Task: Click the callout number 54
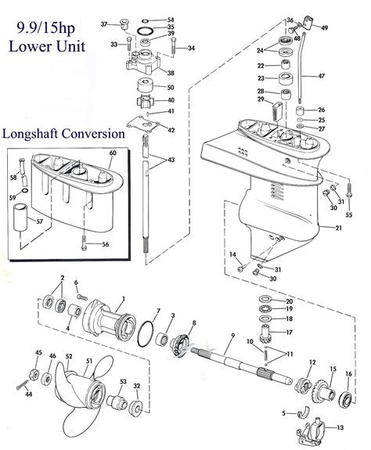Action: pos(171,20)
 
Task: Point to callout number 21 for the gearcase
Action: pos(339,228)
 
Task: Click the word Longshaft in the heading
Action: pos(31,134)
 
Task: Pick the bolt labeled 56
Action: pos(84,243)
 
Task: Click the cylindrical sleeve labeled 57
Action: pos(20,218)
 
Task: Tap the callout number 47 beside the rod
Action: pos(322,76)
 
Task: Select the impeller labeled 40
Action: pos(145,101)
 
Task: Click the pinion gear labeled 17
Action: pos(266,335)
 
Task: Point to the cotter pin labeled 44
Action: pos(23,384)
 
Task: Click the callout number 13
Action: pos(340,428)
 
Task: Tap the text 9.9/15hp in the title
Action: pos(46,28)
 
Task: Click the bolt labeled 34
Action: pos(173,45)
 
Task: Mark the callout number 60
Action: pos(113,153)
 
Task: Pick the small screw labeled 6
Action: pos(82,297)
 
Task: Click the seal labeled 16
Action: pos(347,399)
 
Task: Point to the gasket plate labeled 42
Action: pos(143,124)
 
